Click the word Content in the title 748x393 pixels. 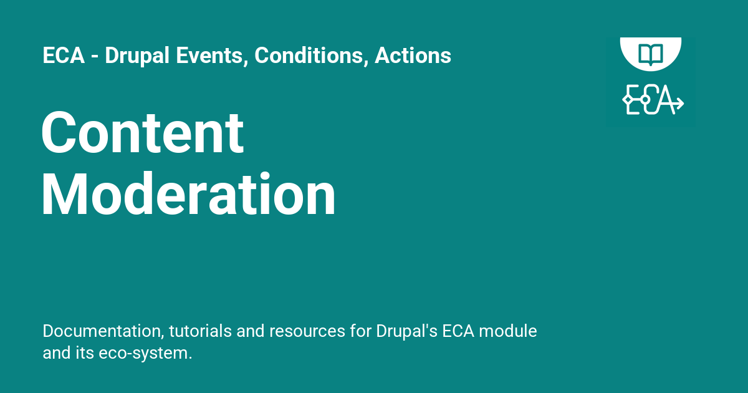143,132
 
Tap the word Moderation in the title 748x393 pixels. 188,194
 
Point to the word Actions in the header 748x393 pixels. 413,55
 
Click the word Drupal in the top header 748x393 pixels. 137,56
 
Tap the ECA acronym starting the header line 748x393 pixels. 64,55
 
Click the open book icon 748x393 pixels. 651,54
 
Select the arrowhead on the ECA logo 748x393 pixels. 679,103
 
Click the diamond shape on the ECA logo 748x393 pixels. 628,100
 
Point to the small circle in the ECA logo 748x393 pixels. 645,100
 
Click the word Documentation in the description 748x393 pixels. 103,331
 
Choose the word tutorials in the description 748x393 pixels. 200,331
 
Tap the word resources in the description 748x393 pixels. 307,331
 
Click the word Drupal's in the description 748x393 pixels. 406,332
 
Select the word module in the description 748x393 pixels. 508,331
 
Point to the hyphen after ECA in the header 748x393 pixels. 95,57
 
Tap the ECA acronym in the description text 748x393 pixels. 458,331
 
